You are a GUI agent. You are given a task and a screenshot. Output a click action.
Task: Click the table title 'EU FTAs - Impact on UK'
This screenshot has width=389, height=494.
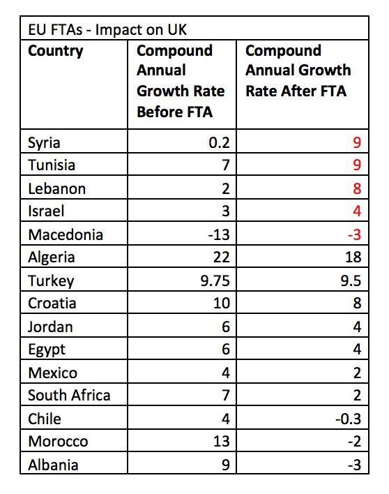coord(107,30)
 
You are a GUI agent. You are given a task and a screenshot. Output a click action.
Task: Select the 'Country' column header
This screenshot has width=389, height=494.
coord(56,51)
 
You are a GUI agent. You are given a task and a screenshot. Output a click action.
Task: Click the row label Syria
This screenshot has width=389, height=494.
coord(44,143)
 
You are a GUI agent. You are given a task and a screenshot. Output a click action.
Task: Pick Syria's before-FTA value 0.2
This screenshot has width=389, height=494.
coord(220,142)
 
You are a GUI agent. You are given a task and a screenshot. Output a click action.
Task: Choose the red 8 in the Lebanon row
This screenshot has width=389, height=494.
coord(357,188)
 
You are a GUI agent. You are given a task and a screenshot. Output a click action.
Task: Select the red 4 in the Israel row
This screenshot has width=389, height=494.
coord(357,211)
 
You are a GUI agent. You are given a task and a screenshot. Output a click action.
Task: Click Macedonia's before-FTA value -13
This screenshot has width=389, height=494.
coord(219,234)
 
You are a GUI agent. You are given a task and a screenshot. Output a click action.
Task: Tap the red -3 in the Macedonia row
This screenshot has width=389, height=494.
coord(354,234)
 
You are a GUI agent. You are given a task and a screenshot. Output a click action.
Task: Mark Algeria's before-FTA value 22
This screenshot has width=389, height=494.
coord(222,257)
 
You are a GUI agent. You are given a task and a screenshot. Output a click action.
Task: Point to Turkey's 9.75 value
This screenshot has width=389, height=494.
coord(215,280)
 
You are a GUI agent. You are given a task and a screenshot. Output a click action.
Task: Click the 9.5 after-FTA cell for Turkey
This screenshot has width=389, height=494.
coord(351,280)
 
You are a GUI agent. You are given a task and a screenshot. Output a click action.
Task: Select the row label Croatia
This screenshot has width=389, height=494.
coord(52,303)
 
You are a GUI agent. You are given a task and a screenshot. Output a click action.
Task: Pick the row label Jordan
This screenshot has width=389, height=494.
coord(50,327)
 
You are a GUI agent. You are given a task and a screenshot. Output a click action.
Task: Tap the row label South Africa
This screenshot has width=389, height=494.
coord(69,395)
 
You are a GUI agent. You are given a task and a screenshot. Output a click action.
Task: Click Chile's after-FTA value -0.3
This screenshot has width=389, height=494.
coord(349,419)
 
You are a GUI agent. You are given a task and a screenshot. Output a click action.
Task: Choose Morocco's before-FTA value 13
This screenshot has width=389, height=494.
coord(222,441)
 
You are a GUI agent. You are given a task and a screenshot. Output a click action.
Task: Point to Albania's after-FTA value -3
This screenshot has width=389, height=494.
coord(354,465)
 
